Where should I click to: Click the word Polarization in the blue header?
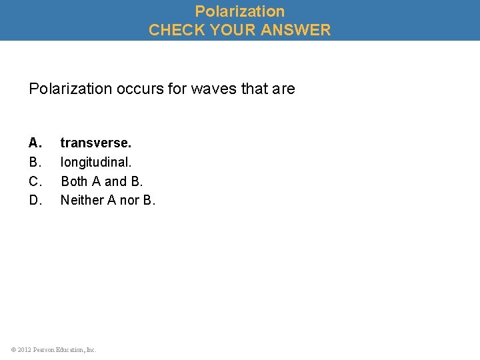click(x=240, y=11)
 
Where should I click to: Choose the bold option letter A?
click(x=35, y=143)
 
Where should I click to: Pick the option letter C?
click(x=35, y=181)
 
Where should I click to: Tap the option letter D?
click(x=35, y=200)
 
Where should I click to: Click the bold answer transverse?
click(x=96, y=143)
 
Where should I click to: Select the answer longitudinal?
click(x=96, y=162)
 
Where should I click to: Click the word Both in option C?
click(x=73, y=181)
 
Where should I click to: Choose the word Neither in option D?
click(x=81, y=200)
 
